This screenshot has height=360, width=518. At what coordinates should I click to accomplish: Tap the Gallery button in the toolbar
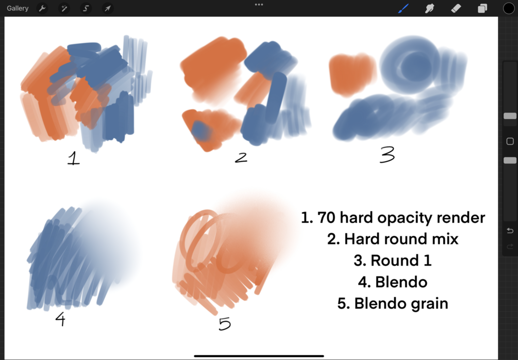(x=18, y=8)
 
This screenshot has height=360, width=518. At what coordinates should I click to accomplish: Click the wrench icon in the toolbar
(x=42, y=8)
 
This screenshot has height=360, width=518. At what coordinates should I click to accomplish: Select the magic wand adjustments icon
(x=64, y=8)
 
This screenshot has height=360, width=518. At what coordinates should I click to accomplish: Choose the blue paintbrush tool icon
(x=404, y=8)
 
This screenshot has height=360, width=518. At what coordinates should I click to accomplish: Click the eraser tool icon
(x=456, y=8)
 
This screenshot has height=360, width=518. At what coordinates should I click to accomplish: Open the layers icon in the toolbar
(x=482, y=8)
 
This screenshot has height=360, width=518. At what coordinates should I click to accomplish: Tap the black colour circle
(x=509, y=8)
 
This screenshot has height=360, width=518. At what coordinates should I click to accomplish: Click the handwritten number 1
(x=73, y=158)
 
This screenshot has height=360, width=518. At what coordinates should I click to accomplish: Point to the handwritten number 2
(x=241, y=157)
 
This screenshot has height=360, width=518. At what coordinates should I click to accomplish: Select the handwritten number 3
(x=387, y=154)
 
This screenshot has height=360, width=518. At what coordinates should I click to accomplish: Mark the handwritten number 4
(x=60, y=319)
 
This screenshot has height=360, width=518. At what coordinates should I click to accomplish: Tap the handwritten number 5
(x=225, y=323)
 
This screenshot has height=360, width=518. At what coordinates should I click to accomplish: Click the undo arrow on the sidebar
(x=510, y=231)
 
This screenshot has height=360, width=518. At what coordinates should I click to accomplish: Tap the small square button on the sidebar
(x=510, y=141)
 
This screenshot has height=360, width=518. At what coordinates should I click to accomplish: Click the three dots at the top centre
(x=259, y=5)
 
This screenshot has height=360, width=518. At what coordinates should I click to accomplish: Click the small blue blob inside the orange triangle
(x=200, y=130)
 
